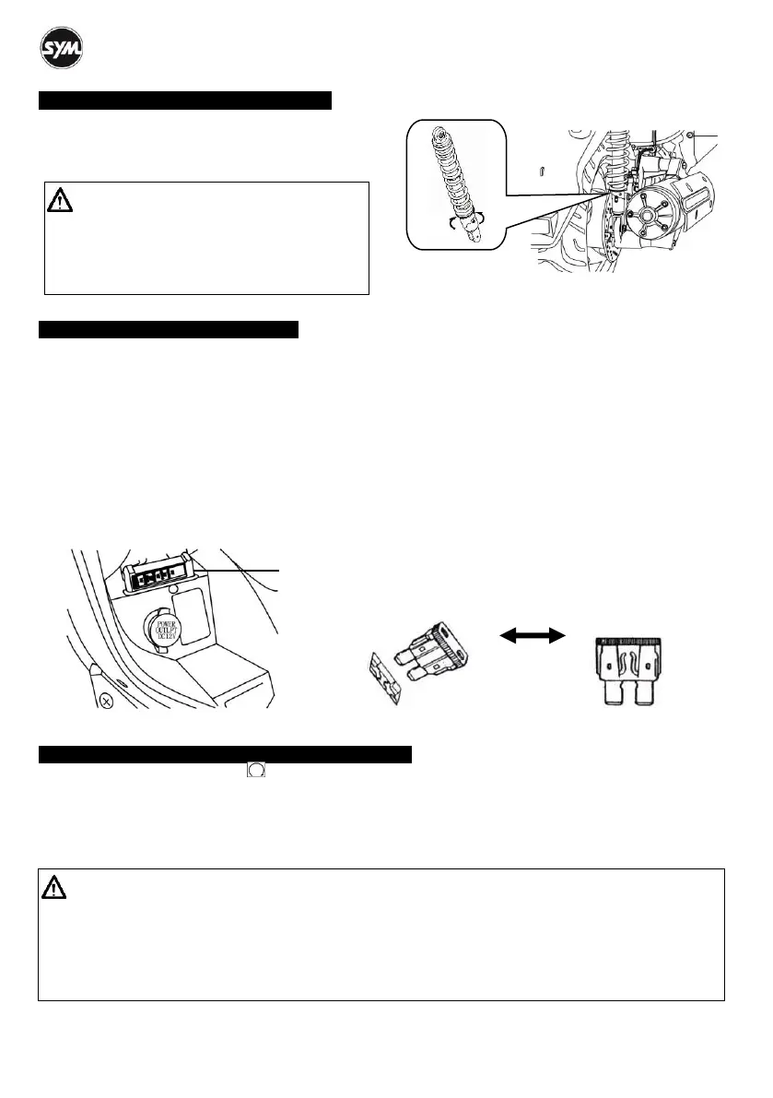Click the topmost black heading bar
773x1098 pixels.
[184, 100]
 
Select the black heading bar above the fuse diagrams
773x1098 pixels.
[169, 330]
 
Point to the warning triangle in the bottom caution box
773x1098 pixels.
[53, 888]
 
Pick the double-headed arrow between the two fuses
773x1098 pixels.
[532, 634]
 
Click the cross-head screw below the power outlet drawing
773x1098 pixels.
[106, 700]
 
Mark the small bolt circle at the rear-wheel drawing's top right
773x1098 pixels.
[690, 136]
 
